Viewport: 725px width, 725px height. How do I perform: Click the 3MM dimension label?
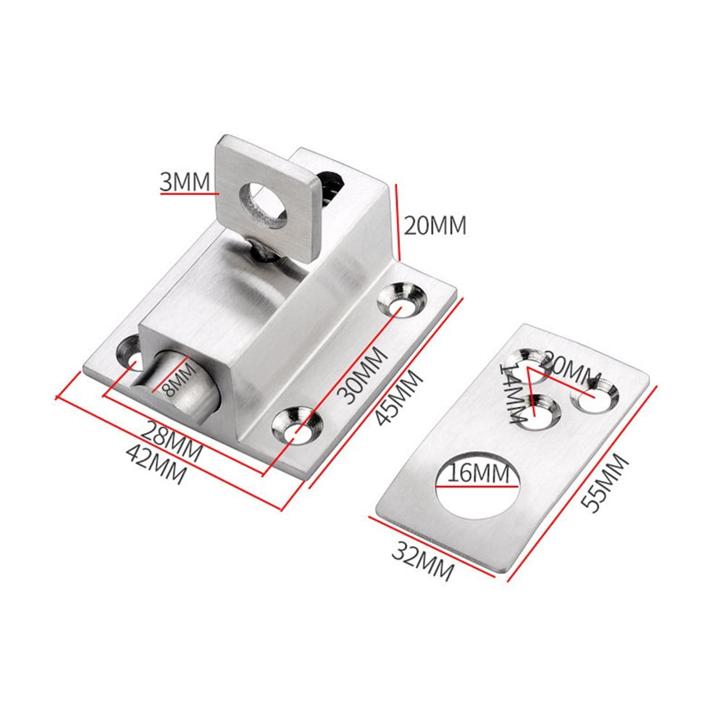(x=185, y=182)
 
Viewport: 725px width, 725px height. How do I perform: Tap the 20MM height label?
(x=434, y=225)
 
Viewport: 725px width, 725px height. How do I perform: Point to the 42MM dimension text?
(x=156, y=464)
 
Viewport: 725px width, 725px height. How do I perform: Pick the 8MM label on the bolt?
(x=177, y=380)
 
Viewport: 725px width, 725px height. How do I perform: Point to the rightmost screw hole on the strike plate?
(x=596, y=395)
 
